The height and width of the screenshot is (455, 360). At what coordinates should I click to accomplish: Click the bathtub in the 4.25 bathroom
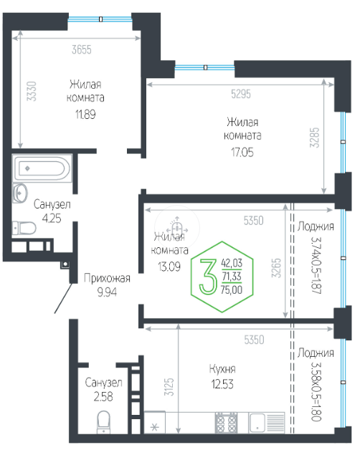pos(42,168)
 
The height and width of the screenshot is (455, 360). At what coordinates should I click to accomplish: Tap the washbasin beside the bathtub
pos(20,193)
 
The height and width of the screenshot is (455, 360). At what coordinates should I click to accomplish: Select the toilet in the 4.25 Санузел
pos(24,228)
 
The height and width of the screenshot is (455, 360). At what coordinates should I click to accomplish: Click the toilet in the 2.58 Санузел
pos(103,422)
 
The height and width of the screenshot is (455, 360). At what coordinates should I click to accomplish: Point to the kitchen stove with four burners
pos(226,423)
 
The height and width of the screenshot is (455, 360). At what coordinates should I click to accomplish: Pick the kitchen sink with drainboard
pos(267,423)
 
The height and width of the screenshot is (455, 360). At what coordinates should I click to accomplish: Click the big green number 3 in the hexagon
pos(208,277)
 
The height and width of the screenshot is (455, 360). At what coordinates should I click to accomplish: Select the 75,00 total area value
pos(232,289)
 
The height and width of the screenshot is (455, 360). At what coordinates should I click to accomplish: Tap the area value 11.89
pos(85,115)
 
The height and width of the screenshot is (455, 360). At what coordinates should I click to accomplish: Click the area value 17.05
pos(242,152)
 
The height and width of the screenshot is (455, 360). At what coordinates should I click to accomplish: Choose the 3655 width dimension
pos(82,49)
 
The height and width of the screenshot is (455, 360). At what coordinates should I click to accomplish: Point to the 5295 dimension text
pos(241,94)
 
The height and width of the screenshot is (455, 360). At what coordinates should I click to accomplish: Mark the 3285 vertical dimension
pos(314,138)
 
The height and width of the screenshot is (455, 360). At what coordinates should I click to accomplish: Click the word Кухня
pos(222,369)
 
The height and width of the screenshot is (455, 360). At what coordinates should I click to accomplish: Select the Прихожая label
pos(107,278)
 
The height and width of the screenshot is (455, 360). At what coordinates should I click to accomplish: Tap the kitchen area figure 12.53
pos(222,384)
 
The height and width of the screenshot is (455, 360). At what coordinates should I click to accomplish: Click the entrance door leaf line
pos(63,299)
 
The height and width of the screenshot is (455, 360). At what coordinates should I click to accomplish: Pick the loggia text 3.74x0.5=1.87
pos(316,266)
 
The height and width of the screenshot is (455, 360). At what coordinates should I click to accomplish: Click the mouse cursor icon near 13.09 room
pos(177,226)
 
